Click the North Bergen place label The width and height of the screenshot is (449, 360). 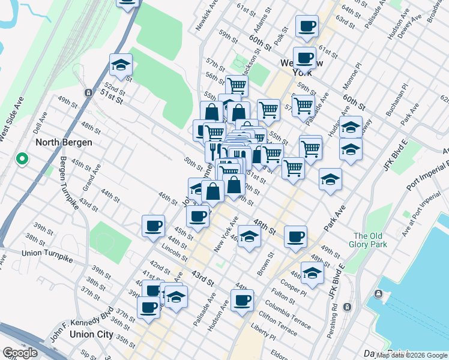64,143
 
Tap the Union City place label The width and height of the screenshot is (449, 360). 91,334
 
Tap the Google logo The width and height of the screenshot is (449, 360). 20,353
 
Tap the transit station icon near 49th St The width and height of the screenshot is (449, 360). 88,93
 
